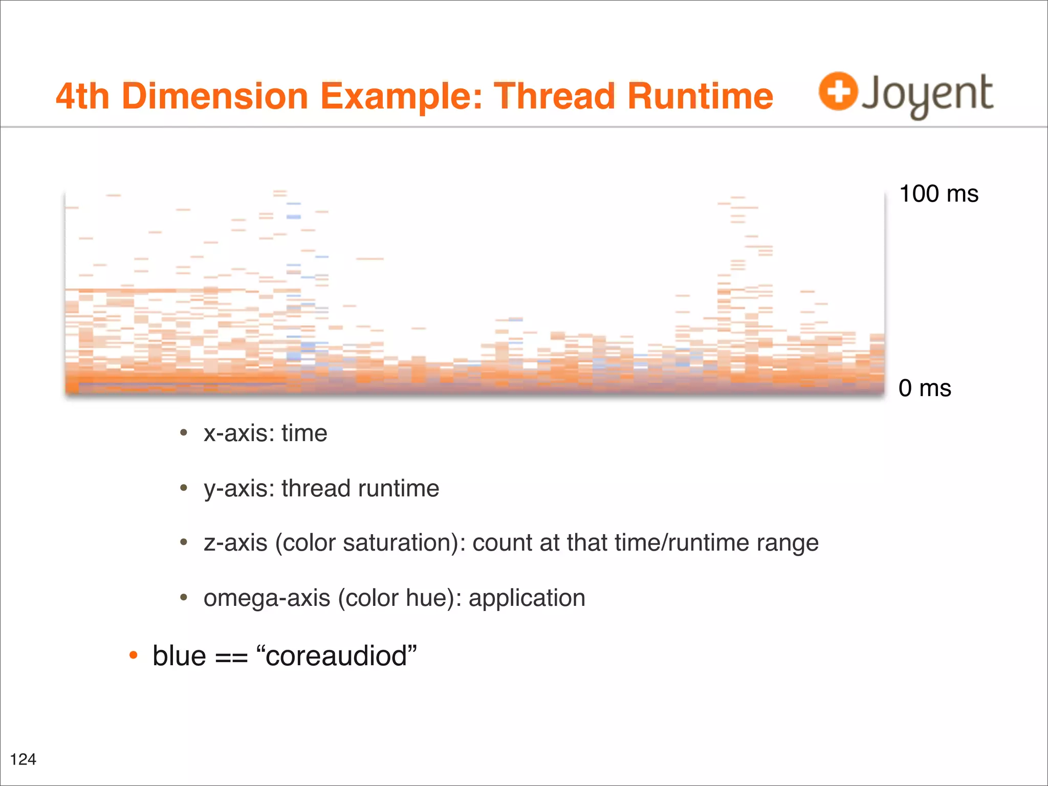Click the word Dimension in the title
pos(215,96)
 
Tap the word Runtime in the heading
pos(700,96)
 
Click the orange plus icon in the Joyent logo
pos(838,91)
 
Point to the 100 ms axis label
pos(938,194)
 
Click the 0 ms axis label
pos(925,388)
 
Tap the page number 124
pos(23,759)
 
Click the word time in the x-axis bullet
pos(304,433)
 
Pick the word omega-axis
pos(267,598)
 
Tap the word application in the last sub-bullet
pos(527,598)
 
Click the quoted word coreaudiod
pos(336,656)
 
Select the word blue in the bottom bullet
pos(179,656)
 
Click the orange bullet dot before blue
pos(134,655)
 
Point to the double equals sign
pos(231,658)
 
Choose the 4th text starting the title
pos(82,96)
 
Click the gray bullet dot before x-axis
pos(184,433)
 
